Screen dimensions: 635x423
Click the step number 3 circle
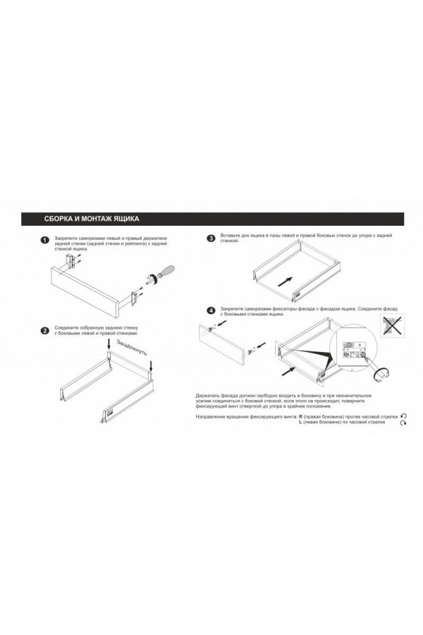pos(210,238)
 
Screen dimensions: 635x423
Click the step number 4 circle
pos(210,310)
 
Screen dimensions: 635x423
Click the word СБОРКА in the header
pos(60,218)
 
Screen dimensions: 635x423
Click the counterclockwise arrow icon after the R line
pos(403,418)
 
